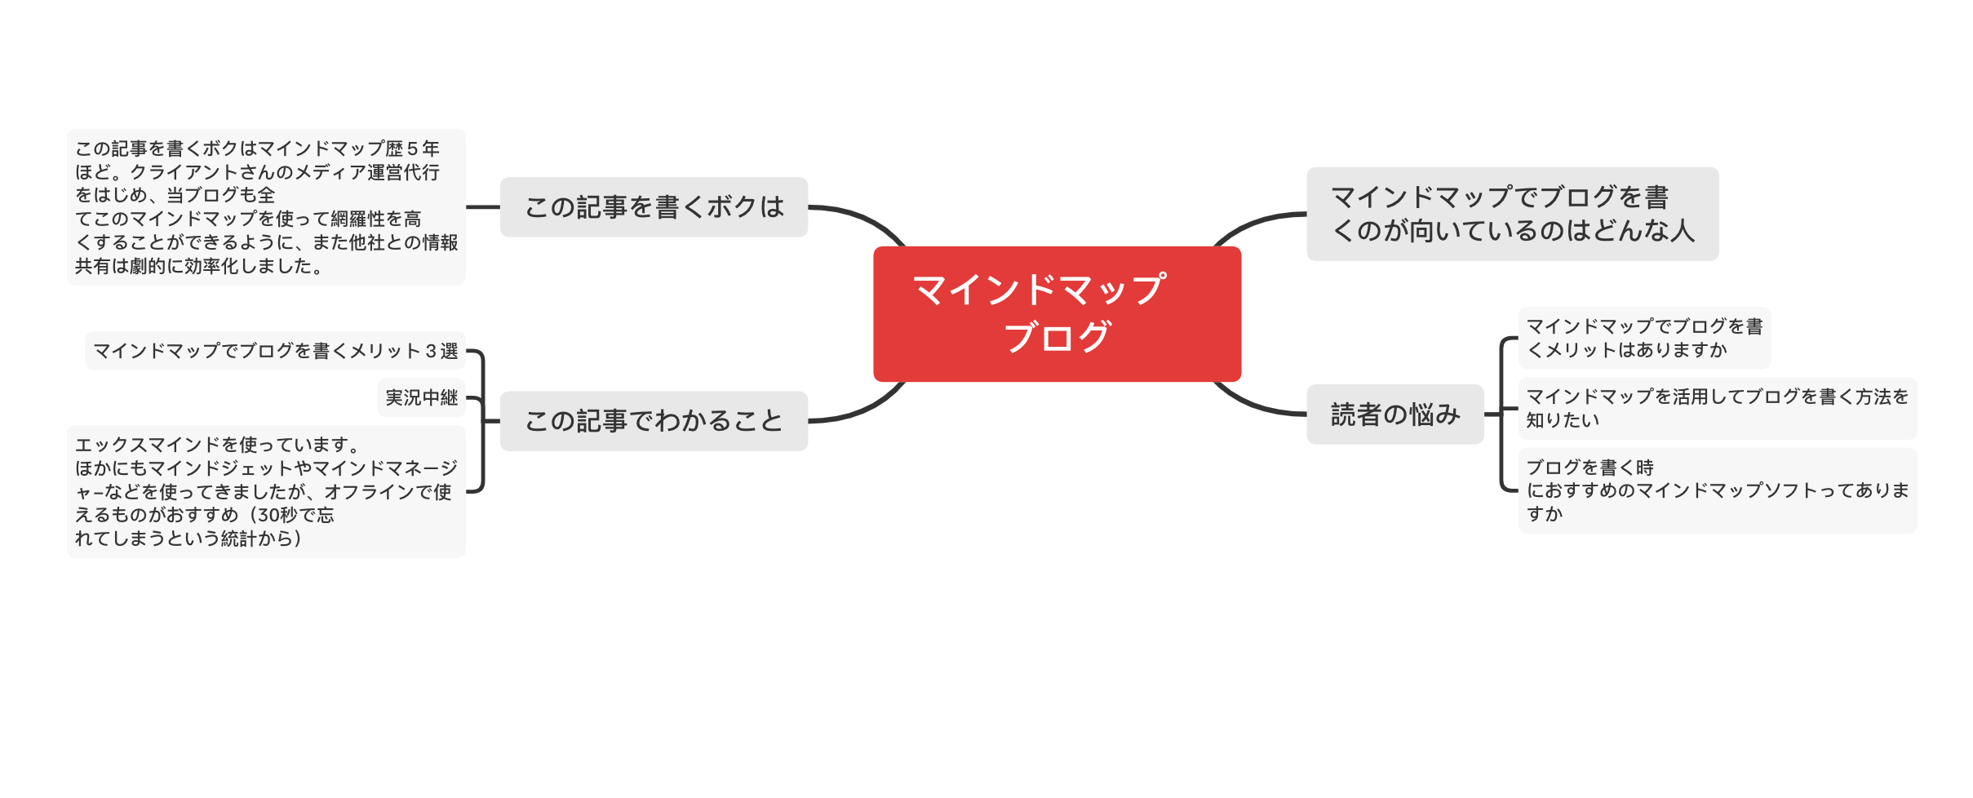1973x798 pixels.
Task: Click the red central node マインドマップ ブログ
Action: tap(1057, 314)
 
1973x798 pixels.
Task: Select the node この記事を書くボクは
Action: tap(654, 207)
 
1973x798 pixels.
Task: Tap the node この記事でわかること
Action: tap(654, 421)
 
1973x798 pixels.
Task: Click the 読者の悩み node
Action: tap(1394, 415)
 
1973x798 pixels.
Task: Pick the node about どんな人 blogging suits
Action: tap(1512, 214)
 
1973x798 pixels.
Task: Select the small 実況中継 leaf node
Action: tap(422, 397)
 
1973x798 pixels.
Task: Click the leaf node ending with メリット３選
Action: tap(276, 351)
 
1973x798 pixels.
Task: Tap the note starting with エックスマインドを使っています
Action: tap(266, 491)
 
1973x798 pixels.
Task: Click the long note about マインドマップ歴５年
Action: tap(266, 207)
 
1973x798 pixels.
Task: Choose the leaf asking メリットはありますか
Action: tap(1643, 338)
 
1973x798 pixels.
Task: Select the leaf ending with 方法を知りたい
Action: tap(1717, 408)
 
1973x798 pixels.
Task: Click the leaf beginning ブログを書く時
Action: tap(1717, 490)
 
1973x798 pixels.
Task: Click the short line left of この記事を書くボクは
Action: tap(483, 207)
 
